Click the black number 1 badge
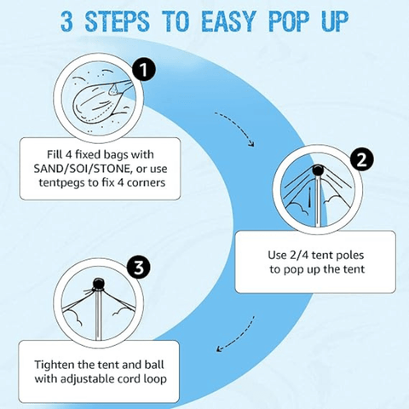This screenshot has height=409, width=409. tap(144, 70)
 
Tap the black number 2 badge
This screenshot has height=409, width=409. tap(361, 160)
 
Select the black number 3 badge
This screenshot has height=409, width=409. tap(139, 267)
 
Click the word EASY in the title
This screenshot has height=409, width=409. tap(228, 21)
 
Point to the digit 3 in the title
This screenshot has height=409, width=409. tap(67, 21)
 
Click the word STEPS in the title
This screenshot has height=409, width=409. tap(117, 21)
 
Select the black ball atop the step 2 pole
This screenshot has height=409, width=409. tap(318, 170)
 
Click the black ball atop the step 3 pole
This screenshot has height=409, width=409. tap(99, 283)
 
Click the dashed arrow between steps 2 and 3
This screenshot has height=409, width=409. tap(237, 336)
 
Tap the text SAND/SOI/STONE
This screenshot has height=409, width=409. tap(83, 169)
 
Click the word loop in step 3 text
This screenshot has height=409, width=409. tap(155, 379)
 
